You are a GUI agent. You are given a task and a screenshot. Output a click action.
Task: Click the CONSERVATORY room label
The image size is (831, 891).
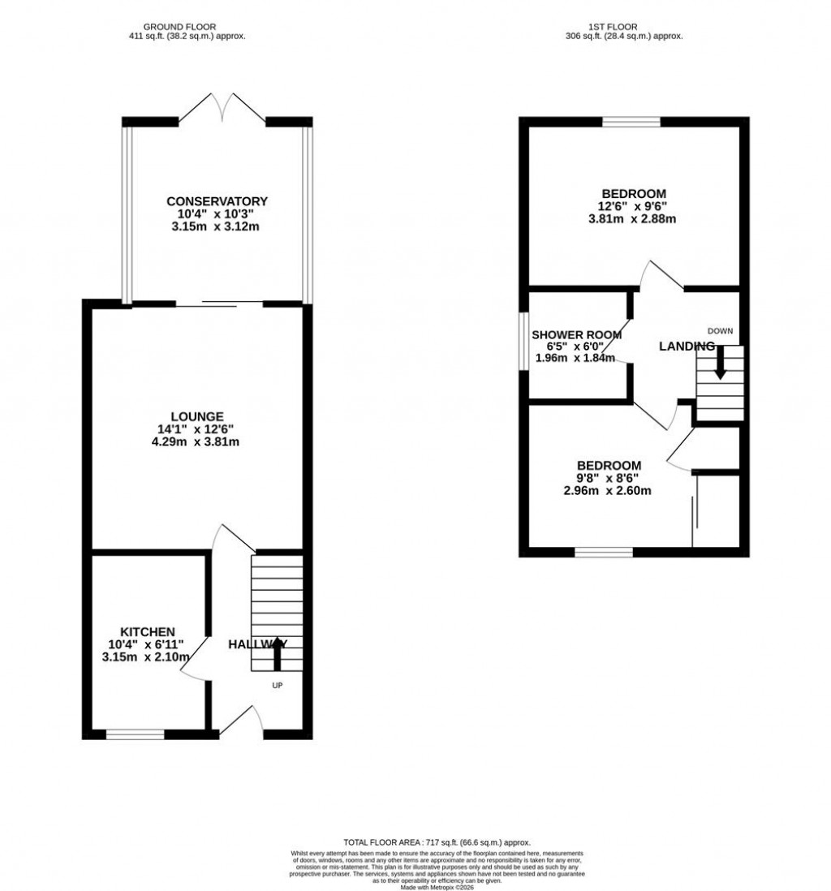tap(217, 201)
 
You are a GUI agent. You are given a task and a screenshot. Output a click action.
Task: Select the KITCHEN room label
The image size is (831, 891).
tap(148, 631)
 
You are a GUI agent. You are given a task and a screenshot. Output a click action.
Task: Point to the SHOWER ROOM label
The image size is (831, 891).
tap(576, 334)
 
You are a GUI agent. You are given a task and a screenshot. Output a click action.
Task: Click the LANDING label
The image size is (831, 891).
tap(686, 346)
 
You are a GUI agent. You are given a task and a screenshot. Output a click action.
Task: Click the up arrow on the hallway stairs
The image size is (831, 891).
tap(278, 653)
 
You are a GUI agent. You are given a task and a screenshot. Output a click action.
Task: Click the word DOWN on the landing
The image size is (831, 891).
tap(720, 330)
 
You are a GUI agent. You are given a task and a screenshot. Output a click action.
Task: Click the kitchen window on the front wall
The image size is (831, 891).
tap(135, 734)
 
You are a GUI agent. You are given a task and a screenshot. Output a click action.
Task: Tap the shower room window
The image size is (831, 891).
tap(524, 346)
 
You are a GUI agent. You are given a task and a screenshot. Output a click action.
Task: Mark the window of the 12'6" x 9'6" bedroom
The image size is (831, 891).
tap(631, 123)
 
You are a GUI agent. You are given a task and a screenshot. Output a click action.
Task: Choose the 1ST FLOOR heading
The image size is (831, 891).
tap(623, 26)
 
